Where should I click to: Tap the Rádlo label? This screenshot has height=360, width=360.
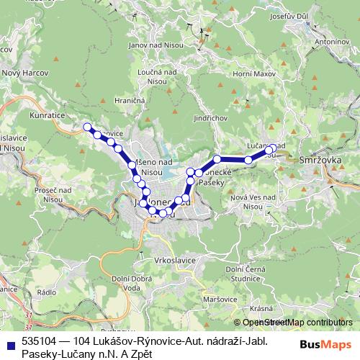point(46,293)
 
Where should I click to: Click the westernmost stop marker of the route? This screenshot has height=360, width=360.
point(88,127)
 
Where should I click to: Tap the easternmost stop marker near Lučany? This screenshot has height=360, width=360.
point(272,149)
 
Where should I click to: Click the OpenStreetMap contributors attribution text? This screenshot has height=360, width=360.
point(297,323)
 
